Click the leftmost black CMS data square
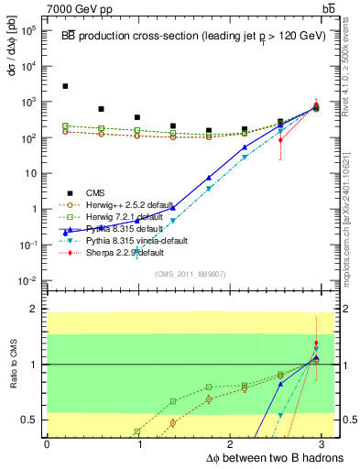[x=65, y=86]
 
